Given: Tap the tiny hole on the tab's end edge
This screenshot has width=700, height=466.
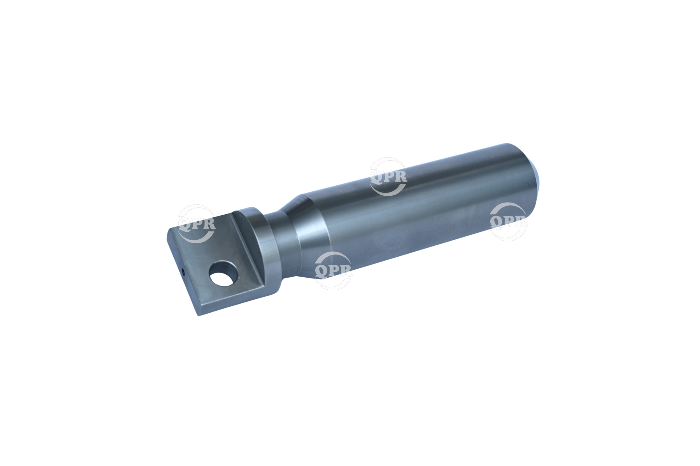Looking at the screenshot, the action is point(182,271).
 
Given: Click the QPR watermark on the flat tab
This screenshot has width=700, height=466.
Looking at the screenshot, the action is point(197,224).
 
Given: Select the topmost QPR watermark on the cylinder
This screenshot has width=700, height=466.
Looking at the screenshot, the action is point(388,177).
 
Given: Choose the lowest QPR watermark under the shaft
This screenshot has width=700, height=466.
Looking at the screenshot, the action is point(334,271).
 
